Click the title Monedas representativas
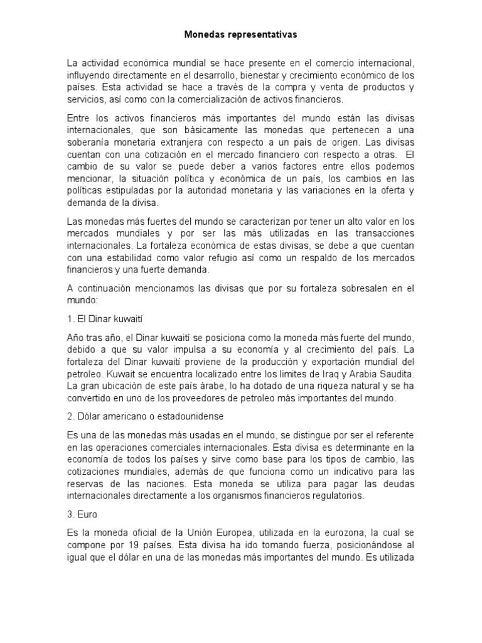coord(240,36)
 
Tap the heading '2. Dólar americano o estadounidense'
coord(145,416)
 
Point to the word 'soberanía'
coord(90,143)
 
